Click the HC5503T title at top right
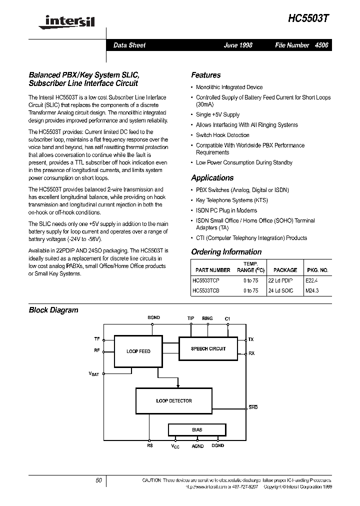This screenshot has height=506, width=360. point(308,18)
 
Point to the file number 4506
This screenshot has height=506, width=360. point(321,45)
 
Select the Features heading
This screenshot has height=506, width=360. point(205,75)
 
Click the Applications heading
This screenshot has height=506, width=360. point(212,177)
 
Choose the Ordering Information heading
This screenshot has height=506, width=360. point(226,252)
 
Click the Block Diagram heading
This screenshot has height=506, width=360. point(53,310)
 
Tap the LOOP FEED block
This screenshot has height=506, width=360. point(138,351)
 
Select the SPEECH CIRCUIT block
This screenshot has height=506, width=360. point(208,348)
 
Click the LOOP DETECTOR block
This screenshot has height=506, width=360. point(173,400)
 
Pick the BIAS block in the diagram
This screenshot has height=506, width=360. point(197,429)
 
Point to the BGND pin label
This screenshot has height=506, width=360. point(153,318)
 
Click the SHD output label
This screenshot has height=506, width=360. point(253,407)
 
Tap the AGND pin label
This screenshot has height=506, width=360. point(198,446)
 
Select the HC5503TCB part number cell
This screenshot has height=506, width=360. point(206,290)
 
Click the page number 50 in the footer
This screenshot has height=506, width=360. point(98,480)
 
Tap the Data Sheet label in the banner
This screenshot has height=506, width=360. point(129,45)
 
